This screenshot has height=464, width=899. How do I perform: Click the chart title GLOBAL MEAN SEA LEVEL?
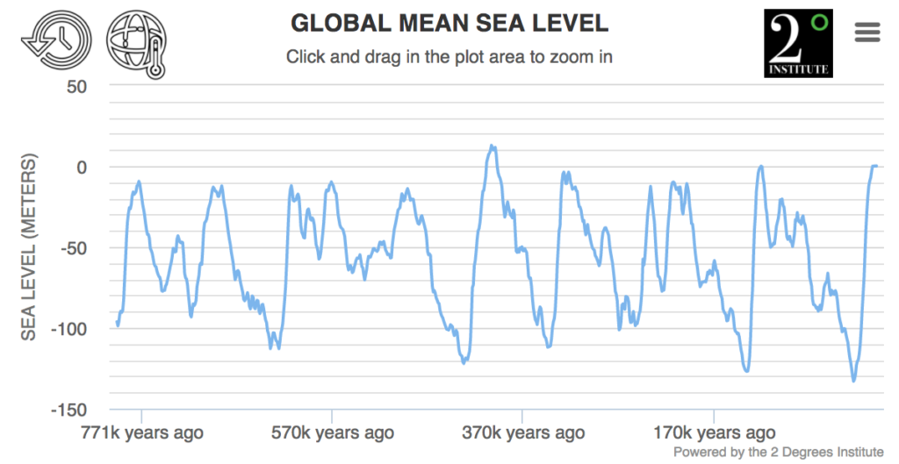click(x=449, y=22)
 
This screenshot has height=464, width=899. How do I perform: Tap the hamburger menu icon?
click(x=867, y=32)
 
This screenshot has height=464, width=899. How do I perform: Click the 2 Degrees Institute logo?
click(x=798, y=43)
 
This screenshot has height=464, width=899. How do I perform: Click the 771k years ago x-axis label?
click(x=140, y=432)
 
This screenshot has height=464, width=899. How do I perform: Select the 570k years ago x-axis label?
click(x=331, y=432)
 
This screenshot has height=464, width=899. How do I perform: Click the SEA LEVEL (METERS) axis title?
click(x=30, y=247)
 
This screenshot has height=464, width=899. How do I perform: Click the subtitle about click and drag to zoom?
click(x=449, y=57)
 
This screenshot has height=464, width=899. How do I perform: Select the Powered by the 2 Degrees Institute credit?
click(x=778, y=452)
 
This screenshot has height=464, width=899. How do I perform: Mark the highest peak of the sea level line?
click(x=493, y=146)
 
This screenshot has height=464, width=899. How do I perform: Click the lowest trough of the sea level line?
click(x=853, y=380)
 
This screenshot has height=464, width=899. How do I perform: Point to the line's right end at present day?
click(x=876, y=166)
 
